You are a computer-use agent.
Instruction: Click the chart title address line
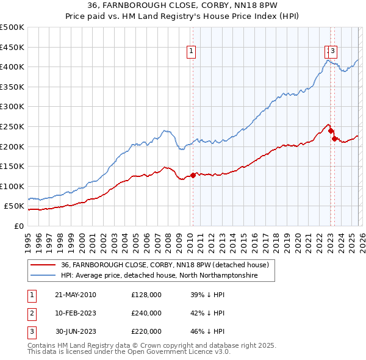click(x=182, y=6)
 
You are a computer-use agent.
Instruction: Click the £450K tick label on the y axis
click(x=12, y=47)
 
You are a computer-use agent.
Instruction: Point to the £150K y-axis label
click(x=12, y=166)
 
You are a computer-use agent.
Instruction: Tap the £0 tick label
click(x=19, y=226)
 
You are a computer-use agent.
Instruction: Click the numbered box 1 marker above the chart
click(x=192, y=52)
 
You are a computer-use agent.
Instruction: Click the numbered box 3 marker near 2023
click(x=334, y=52)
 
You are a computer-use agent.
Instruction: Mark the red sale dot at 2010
click(x=193, y=175)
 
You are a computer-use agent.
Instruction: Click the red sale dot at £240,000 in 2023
click(x=331, y=131)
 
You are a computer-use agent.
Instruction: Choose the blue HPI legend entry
click(x=159, y=276)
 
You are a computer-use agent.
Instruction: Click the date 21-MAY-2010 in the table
click(x=76, y=295)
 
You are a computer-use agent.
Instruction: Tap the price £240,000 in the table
click(x=146, y=313)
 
